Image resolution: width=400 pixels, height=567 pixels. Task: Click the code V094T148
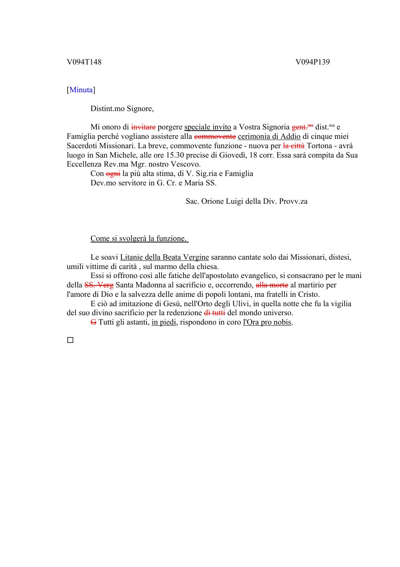84,62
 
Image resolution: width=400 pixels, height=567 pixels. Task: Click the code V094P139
312,62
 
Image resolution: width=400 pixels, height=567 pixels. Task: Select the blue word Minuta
81,90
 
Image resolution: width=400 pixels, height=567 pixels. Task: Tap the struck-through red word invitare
143,127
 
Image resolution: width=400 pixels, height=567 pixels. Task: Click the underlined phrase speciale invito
207,127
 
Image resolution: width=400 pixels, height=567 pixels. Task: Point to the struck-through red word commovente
215,136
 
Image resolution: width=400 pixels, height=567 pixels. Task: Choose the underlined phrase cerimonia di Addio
269,136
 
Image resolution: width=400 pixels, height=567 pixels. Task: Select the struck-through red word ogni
113,174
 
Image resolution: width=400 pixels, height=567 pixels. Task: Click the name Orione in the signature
212,201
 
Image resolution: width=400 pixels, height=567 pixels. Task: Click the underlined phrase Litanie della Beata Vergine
164,257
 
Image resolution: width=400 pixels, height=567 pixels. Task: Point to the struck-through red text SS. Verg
99,285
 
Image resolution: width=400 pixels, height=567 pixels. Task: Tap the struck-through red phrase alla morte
272,285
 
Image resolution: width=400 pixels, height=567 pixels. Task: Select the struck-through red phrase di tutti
214,313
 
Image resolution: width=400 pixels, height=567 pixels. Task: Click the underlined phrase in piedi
164,323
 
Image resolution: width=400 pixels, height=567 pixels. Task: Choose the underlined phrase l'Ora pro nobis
267,323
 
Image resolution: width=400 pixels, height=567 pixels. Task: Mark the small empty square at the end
70,340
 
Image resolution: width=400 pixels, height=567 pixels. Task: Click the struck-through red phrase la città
294,146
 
